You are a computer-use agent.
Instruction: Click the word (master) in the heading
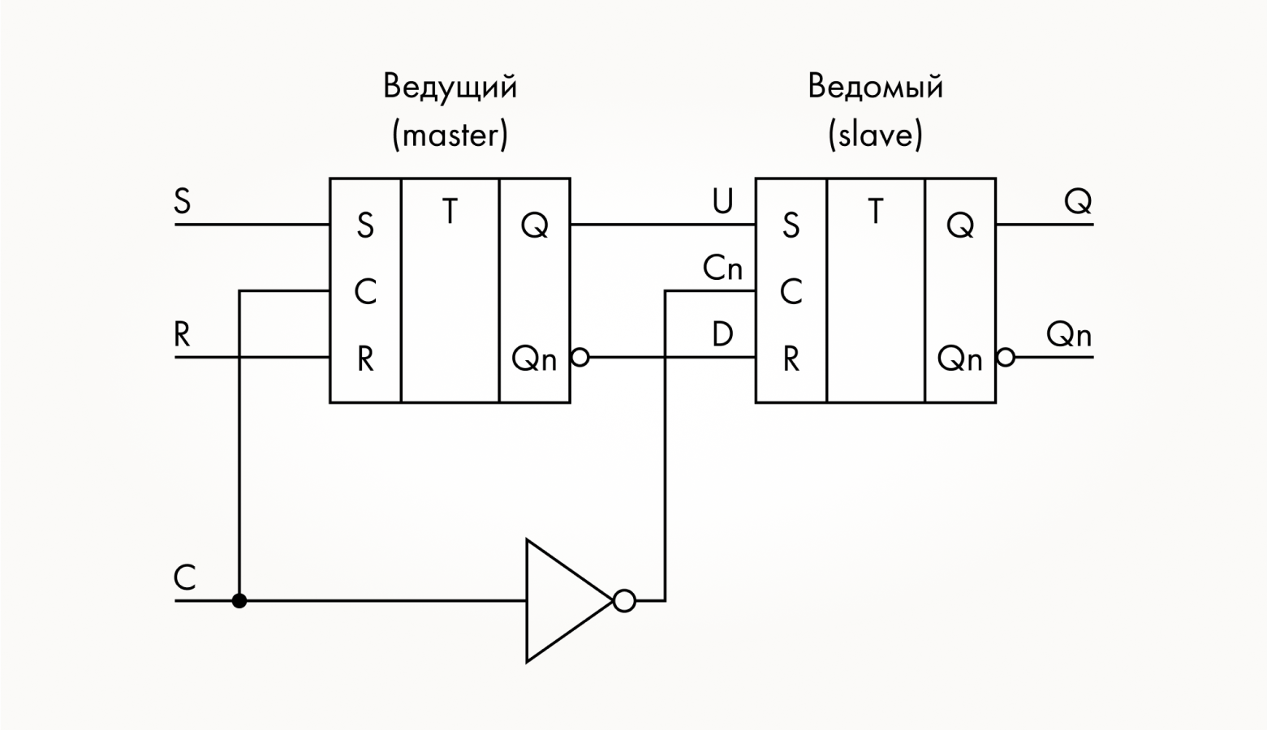click(x=450, y=135)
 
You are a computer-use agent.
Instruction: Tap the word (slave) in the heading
click(x=875, y=135)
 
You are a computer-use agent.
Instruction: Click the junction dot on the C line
click(x=239, y=601)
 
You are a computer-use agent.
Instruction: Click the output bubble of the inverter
click(x=624, y=601)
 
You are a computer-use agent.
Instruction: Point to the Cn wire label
click(x=722, y=268)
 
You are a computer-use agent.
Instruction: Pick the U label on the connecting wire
click(x=722, y=201)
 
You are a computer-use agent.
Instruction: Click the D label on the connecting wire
click(x=722, y=334)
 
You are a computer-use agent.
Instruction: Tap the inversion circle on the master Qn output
click(x=580, y=357)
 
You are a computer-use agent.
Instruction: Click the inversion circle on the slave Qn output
click(x=1006, y=357)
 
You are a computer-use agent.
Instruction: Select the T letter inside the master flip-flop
click(x=450, y=213)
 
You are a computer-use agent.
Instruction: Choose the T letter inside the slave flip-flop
click(x=875, y=213)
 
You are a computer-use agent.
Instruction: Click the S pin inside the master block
click(x=365, y=225)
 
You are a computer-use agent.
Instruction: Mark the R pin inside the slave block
click(x=791, y=359)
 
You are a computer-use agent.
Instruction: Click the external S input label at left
click(x=183, y=201)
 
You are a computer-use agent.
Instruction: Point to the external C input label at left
click(x=185, y=578)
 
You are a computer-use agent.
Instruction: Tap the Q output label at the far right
click(x=1078, y=201)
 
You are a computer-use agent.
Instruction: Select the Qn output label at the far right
click(x=1068, y=334)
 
